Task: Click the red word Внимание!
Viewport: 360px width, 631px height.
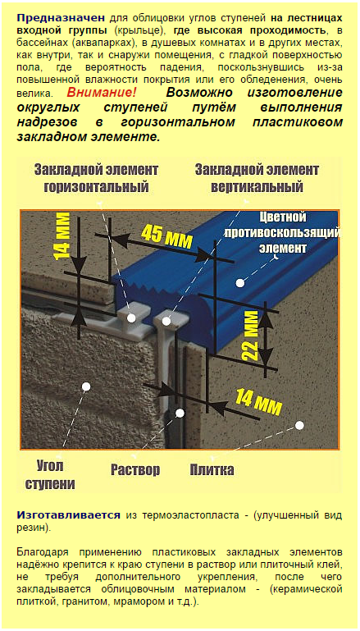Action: click(102, 93)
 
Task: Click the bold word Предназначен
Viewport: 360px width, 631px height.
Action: click(61, 18)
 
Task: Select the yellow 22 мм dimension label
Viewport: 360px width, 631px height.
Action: click(250, 335)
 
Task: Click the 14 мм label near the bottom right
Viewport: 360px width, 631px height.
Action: click(258, 402)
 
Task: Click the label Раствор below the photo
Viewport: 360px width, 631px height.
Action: click(135, 469)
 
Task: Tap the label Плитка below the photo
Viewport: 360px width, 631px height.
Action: click(212, 469)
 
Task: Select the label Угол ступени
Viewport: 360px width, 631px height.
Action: click(50, 475)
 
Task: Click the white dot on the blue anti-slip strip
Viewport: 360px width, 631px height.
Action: click(240, 283)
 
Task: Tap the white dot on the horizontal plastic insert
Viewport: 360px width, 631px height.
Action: click(131, 318)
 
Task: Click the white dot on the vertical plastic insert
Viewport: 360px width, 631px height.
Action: click(166, 321)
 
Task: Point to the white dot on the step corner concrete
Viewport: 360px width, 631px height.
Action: click(85, 386)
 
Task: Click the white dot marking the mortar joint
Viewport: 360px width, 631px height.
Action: click(180, 413)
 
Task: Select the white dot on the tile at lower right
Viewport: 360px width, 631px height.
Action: click(299, 425)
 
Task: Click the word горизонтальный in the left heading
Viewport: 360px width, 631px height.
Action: click(96, 187)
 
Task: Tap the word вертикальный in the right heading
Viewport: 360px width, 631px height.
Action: click(257, 187)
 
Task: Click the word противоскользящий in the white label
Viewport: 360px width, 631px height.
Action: click(282, 232)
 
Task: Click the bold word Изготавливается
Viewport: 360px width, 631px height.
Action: click(68, 515)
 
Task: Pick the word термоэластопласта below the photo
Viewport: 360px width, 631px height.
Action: click(189, 515)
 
